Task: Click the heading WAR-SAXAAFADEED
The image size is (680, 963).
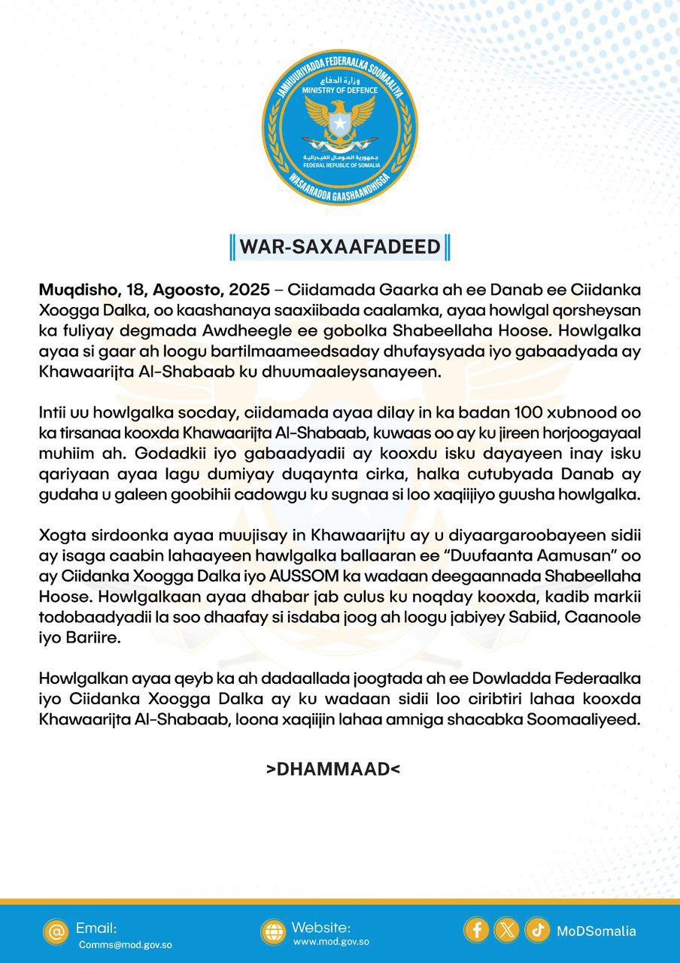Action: click(339, 247)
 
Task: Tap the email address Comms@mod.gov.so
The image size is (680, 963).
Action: click(125, 944)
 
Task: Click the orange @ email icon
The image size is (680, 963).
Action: click(56, 931)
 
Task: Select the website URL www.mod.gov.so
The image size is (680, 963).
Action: click(331, 941)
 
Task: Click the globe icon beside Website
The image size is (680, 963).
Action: click(273, 931)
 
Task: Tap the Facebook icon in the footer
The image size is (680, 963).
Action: click(476, 930)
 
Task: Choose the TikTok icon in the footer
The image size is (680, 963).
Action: click(537, 930)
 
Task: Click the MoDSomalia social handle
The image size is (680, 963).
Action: click(597, 931)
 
